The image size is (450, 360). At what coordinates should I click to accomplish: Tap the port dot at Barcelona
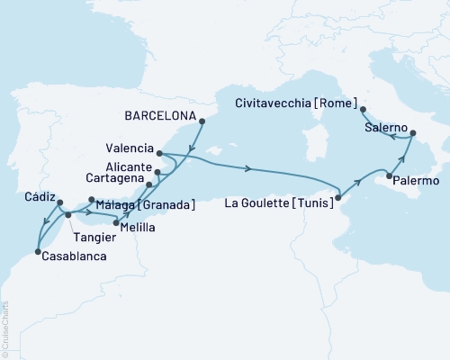201,121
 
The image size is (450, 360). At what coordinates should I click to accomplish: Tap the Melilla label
137,227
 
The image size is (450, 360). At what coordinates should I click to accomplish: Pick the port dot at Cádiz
59,203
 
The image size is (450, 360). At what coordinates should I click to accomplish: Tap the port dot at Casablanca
37,251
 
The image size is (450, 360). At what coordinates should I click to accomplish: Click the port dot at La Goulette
337,197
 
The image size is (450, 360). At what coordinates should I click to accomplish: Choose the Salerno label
386,129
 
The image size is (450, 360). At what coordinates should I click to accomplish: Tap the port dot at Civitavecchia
363,109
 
